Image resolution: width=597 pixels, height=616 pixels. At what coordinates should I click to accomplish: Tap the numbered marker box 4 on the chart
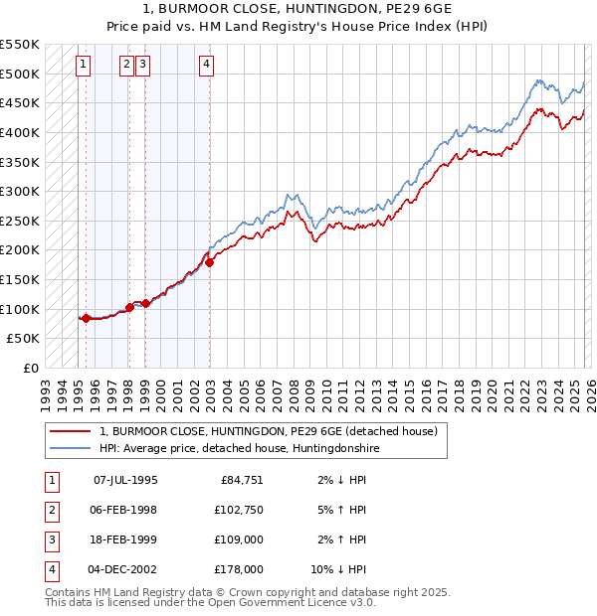pyautogui.click(x=206, y=66)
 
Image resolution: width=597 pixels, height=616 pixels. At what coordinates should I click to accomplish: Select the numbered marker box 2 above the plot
pyautogui.click(x=127, y=66)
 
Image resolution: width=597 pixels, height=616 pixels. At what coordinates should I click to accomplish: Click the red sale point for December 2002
pyautogui.click(x=210, y=263)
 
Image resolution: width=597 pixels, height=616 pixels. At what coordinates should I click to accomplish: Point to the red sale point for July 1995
pyautogui.click(x=86, y=318)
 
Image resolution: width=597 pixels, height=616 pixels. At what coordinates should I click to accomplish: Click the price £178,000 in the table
pyautogui.click(x=239, y=569)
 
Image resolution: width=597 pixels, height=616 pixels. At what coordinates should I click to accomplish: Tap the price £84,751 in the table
pyautogui.click(x=242, y=480)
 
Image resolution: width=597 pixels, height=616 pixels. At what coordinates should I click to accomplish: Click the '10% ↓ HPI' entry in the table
pyautogui.click(x=339, y=569)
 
